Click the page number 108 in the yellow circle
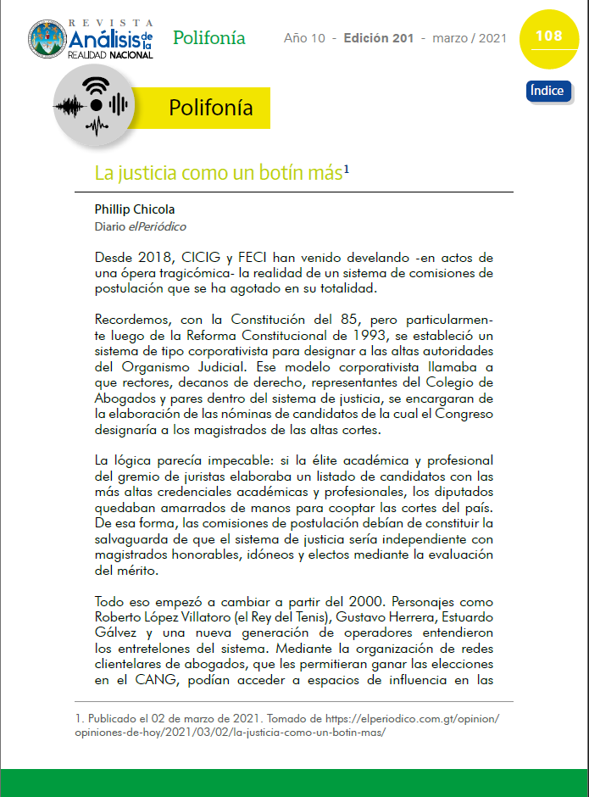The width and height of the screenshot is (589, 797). pyautogui.click(x=548, y=36)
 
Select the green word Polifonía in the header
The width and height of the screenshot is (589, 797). pyautogui.click(x=209, y=38)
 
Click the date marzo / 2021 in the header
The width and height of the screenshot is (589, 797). pyautogui.click(x=470, y=39)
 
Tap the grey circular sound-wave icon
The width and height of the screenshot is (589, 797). pyautogui.click(x=96, y=104)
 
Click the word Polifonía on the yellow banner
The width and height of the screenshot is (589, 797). pyautogui.click(x=210, y=108)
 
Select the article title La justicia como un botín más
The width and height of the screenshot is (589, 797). pyautogui.click(x=219, y=174)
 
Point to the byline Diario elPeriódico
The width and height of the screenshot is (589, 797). pyautogui.click(x=141, y=227)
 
